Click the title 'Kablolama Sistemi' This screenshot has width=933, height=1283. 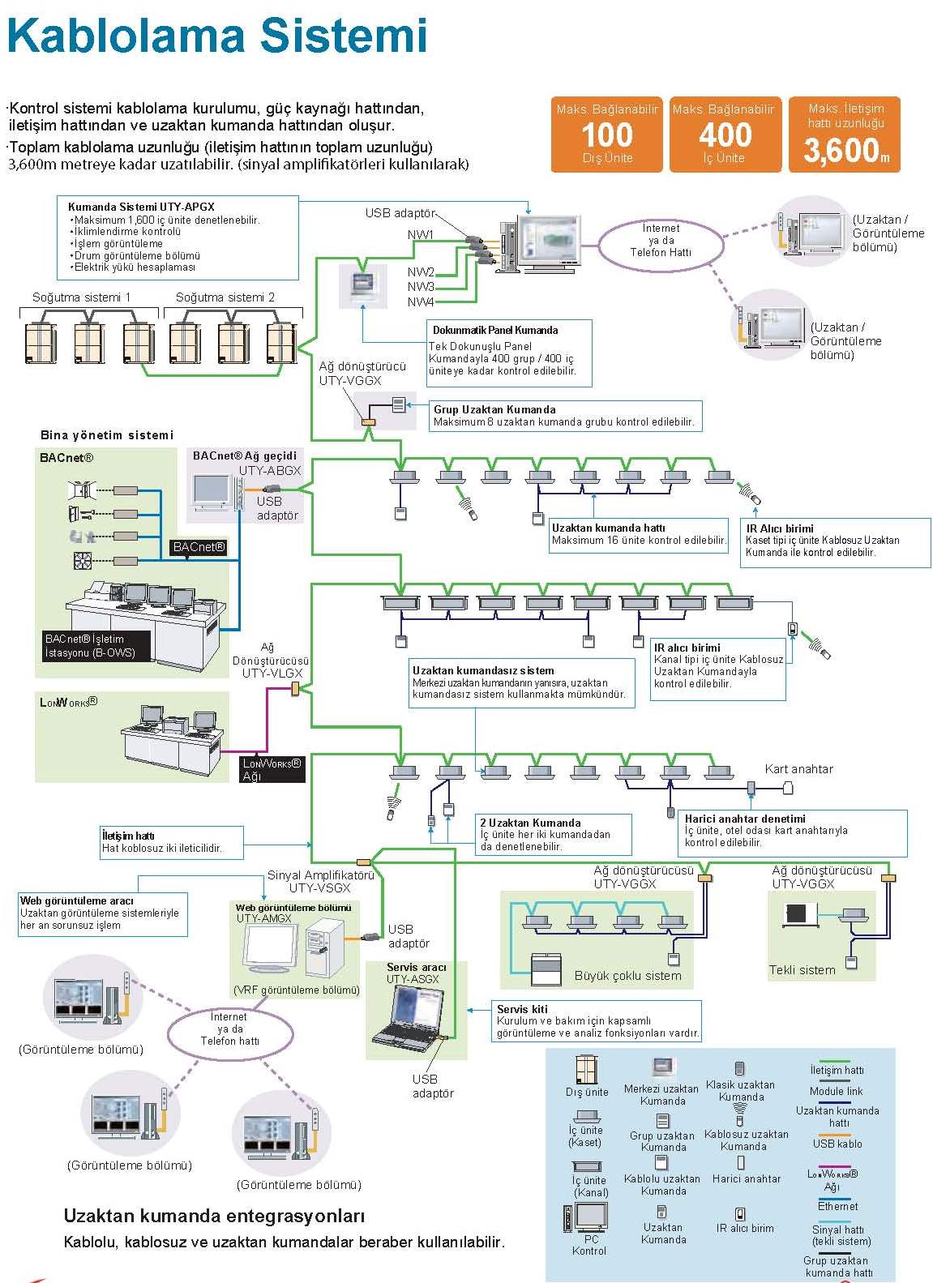[216, 36]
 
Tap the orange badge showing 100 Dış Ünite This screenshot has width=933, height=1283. [607, 135]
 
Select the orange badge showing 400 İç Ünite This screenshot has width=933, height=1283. [725, 135]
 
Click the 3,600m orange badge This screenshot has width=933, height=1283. [845, 135]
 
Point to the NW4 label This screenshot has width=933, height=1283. [421, 302]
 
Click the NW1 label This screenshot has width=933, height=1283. [421, 235]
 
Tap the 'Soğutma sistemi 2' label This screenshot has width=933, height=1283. [225, 297]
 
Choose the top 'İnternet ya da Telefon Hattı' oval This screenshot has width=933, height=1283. [661, 241]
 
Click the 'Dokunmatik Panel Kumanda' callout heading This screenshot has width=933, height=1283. [494, 330]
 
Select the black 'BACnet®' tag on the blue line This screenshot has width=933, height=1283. [199, 547]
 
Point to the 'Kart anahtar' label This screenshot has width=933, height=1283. [798, 769]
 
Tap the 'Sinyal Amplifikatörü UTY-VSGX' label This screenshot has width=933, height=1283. [321, 881]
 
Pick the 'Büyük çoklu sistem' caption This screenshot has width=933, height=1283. [627, 976]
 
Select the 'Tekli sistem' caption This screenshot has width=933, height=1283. [802, 970]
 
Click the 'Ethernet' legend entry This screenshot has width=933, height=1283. [837, 1206]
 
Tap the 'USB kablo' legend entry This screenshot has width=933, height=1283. [837, 1144]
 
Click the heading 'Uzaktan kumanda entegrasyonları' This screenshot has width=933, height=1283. [214, 1216]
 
